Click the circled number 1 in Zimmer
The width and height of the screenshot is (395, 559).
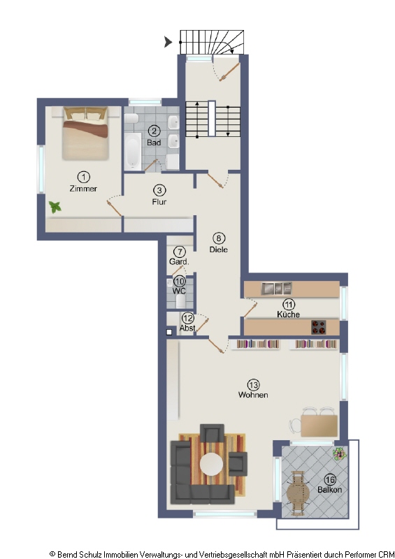click(x=83, y=177)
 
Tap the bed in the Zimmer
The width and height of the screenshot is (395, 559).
click(x=85, y=133)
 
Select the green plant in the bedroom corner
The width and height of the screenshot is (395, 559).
click(x=55, y=207)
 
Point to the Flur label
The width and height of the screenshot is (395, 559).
click(x=159, y=202)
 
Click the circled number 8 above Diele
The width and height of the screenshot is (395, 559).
click(x=219, y=238)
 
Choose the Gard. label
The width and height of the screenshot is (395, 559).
click(x=179, y=262)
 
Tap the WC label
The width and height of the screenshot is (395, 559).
click(x=180, y=290)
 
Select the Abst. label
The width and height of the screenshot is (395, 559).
click(x=187, y=328)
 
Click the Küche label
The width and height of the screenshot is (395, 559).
click(x=288, y=314)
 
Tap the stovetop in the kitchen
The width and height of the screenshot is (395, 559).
click(x=319, y=326)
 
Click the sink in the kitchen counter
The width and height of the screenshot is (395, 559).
click(x=276, y=287)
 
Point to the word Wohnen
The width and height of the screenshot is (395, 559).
click(x=253, y=395)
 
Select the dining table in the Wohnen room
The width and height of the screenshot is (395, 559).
click(x=318, y=424)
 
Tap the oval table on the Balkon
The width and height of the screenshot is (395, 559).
click(x=296, y=493)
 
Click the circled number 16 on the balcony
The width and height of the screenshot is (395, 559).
click(x=330, y=479)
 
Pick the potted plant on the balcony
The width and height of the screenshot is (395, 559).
click(x=339, y=452)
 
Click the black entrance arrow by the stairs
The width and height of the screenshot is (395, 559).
click(x=168, y=43)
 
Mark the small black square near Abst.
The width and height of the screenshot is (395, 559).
click(x=168, y=333)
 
